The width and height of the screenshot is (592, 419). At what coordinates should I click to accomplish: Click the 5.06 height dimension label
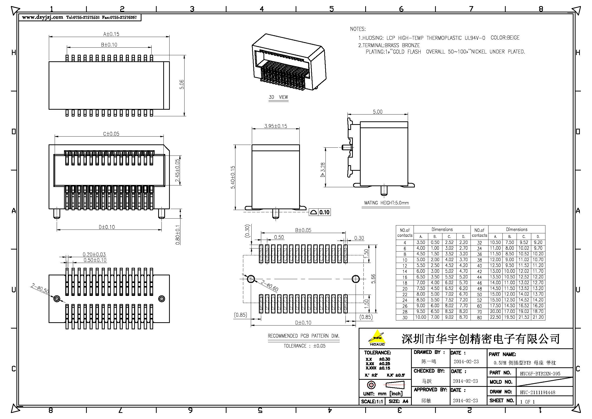182,84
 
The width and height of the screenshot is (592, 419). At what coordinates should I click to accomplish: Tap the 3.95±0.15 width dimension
276,126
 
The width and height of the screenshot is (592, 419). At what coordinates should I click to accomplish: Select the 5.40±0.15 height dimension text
233,177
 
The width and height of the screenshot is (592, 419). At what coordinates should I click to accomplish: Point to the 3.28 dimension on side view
322,169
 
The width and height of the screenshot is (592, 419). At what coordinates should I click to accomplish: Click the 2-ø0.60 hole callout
270,286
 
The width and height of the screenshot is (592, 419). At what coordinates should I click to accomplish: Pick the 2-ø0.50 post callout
40,289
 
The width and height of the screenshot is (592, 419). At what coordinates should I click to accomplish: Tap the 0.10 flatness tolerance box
320,212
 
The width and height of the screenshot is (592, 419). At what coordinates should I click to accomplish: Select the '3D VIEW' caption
278,97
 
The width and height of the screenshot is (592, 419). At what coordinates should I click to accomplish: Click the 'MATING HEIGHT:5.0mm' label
386,203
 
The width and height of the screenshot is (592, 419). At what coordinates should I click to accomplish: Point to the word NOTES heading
358,29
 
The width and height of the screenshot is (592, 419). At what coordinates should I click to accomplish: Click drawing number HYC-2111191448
538,392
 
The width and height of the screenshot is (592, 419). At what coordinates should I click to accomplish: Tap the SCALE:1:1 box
372,402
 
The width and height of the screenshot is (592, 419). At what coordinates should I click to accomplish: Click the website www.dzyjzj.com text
43,17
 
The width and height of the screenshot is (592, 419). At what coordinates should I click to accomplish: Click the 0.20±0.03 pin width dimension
94,254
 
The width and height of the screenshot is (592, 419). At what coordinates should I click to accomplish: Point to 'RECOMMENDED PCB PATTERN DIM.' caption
304,336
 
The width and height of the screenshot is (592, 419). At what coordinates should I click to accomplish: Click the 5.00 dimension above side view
378,112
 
